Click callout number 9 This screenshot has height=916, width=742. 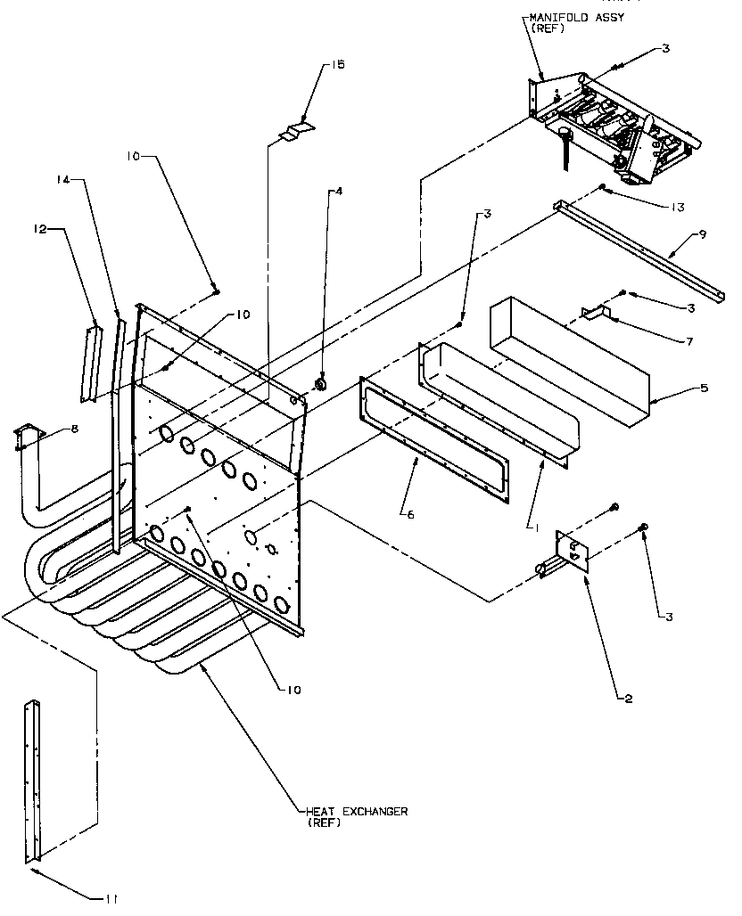point(703,235)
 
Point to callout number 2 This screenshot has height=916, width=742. point(629,699)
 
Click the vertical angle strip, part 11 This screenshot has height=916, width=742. point(33,781)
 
